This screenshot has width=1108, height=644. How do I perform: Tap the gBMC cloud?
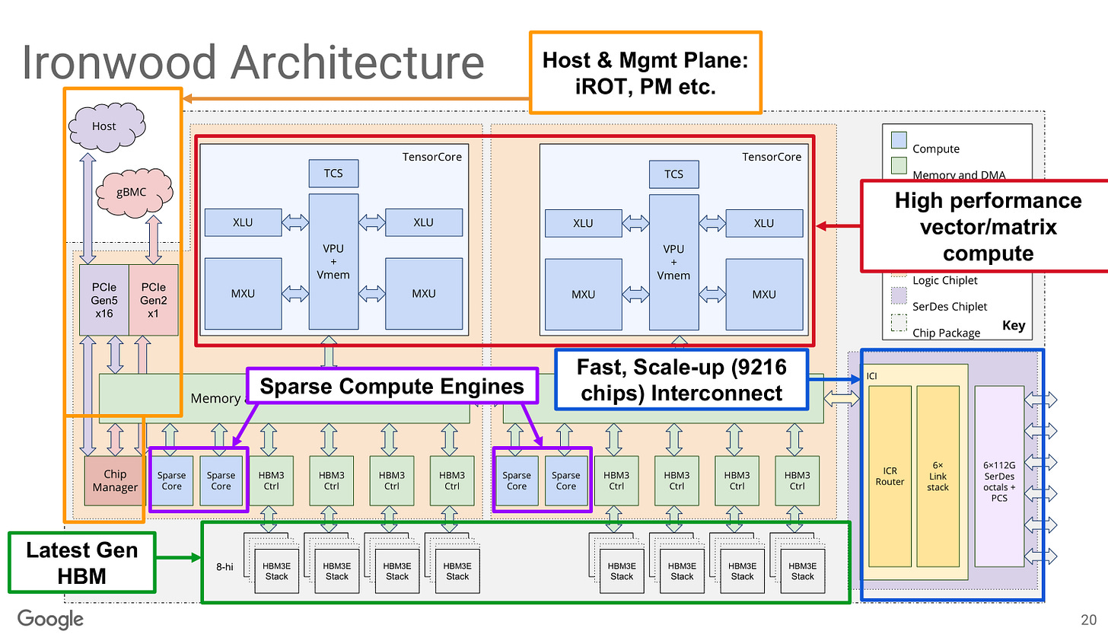[x=133, y=192]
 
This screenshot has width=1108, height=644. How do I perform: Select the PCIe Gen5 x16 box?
[x=104, y=300]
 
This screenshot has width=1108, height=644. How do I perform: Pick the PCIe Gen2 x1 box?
[x=154, y=300]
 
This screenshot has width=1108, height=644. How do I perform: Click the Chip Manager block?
[x=115, y=481]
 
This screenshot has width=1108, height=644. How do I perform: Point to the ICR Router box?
[x=890, y=477]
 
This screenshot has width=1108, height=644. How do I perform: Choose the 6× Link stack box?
[x=938, y=477]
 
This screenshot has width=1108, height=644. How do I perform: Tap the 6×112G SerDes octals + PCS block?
[x=999, y=477]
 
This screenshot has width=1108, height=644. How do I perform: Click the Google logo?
[x=50, y=619]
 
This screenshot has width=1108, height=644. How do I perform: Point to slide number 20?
[x=1088, y=620]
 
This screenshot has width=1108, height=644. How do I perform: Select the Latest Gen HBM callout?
[x=82, y=563]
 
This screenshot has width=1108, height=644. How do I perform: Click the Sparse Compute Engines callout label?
[x=392, y=386]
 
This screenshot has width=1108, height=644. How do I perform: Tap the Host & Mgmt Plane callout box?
[x=645, y=73]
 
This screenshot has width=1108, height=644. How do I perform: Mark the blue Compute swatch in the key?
[x=899, y=140]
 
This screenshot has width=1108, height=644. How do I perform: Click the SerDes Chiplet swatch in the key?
[x=899, y=296]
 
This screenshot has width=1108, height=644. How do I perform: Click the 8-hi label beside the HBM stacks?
[x=224, y=566]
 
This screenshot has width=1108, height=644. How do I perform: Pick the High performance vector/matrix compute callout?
[x=988, y=226]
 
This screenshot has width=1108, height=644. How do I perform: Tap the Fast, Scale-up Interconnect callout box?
[x=681, y=380]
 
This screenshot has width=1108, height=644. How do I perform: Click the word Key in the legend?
[x=1014, y=326]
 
